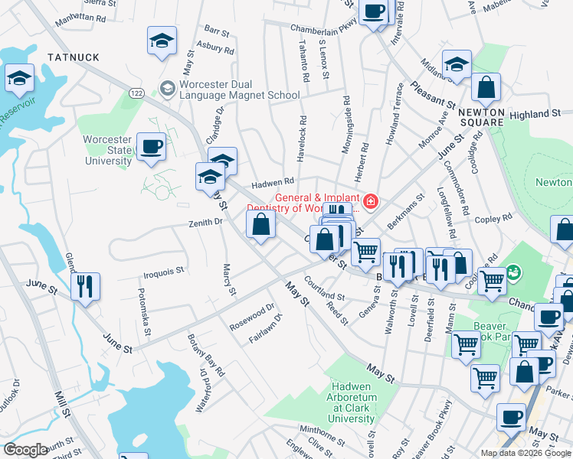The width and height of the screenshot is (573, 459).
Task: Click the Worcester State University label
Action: [x=108, y=150]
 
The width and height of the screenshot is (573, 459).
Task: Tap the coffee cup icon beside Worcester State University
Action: [x=151, y=145]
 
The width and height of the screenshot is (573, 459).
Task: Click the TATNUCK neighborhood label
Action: [x=74, y=57]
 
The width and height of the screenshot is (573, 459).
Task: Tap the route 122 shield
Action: [x=136, y=93]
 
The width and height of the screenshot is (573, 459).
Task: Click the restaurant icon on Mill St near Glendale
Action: [x=85, y=286]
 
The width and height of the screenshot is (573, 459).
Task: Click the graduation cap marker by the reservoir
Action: [x=20, y=77]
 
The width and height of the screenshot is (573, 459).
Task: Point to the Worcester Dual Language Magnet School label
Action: [x=239, y=90]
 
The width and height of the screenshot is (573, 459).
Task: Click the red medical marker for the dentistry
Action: [x=371, y=201]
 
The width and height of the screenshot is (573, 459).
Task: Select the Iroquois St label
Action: [x=164, y=270]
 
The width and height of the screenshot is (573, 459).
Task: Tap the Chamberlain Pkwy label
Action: [x=324, y=28]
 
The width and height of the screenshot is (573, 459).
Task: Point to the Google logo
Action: [x=25, y=450]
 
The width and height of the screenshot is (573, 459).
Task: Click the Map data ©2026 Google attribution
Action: [x=525, y=453]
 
